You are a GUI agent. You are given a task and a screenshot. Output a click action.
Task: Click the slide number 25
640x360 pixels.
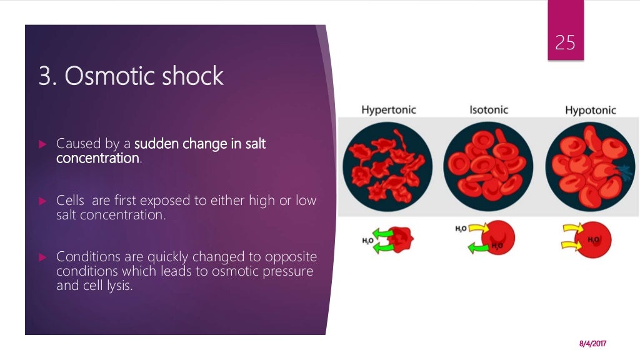(565, 42)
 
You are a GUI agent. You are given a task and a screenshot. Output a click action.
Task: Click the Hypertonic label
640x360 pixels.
(388, 110)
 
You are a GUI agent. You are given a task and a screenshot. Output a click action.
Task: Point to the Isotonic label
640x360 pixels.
(489, 110)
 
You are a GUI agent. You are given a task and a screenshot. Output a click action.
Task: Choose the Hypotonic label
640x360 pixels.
(590, 111)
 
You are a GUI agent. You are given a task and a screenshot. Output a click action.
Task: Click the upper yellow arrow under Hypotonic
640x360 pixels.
(571, 232)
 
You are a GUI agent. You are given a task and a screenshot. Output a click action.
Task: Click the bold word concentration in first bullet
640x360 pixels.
(97, 158)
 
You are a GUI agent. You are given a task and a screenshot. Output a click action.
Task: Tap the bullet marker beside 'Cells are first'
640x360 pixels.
(43, 201)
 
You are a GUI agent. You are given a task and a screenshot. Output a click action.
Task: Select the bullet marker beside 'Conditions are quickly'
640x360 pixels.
(43, 257)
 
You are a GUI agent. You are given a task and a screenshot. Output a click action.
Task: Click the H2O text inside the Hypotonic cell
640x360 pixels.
(593, 240)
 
